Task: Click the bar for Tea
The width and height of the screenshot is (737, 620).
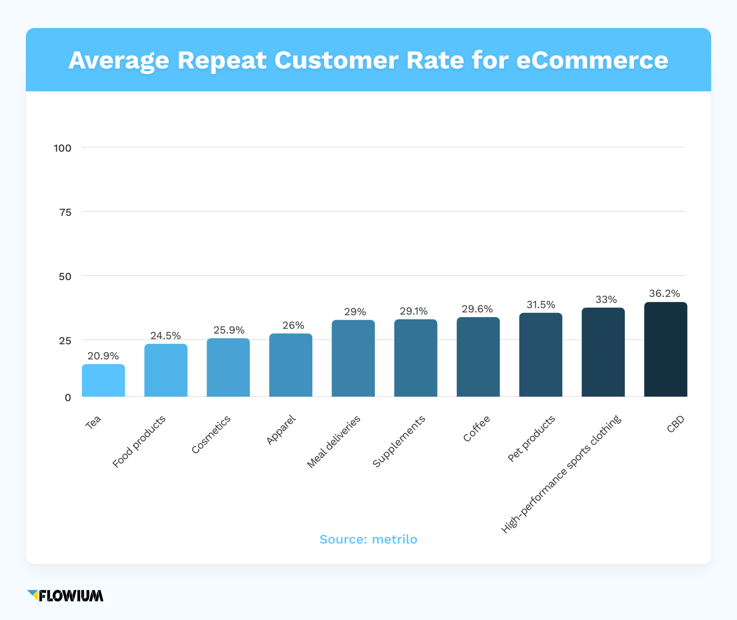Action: (103, 380)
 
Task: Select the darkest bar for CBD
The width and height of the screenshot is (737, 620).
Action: (665, 349)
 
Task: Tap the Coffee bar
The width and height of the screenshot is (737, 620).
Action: (478, 357)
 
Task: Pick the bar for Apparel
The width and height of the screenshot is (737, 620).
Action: (290, 365)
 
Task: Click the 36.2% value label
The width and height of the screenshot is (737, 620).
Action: (664, 294)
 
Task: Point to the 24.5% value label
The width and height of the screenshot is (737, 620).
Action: (166, 336)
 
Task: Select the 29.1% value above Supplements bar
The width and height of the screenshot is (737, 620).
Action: (413, 311)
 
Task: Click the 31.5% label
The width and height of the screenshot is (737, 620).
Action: (541, 305)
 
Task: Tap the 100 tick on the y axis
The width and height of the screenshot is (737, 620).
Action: (62, 148)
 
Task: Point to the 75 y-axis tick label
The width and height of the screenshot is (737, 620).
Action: (65, 213)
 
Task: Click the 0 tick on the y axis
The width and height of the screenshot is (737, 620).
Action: (68, 398)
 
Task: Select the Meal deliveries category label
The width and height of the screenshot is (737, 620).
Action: (334, 442)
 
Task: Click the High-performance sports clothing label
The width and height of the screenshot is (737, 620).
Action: (561, 474)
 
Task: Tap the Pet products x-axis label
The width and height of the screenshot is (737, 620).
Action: (531, 439)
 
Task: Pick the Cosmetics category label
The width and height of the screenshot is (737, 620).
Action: (211, 434)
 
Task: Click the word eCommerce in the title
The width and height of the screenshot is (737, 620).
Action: (592, 60)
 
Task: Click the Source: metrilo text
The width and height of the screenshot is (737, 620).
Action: (368, 539)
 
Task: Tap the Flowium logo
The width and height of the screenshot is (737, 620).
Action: (65, 596)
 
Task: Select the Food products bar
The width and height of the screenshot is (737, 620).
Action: (166, 370)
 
